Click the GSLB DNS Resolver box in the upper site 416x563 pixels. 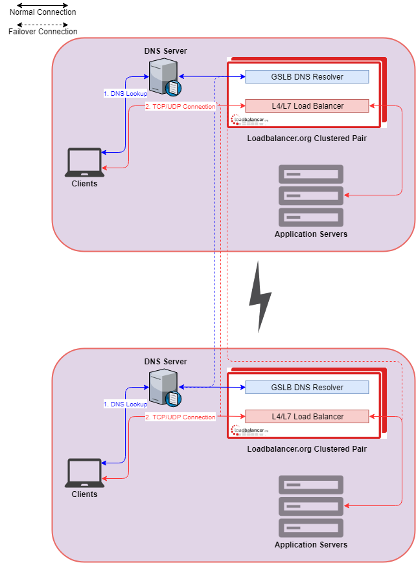point(306,77)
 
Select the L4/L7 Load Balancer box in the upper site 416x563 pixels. point(306,105)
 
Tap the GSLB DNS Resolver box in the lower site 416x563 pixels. point(306,388)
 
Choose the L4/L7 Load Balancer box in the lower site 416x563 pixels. point(306,416)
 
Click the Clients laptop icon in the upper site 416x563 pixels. point(84,162)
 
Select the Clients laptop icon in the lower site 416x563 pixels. point(84,473)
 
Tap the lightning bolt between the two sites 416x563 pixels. point(260,297)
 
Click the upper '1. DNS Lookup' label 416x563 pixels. point(126,93)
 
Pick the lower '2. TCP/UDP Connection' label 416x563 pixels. point(180,417)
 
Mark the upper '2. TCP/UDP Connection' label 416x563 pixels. point(180,107)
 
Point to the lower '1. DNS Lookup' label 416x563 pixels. point(126,404)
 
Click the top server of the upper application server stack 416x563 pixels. point(311,174)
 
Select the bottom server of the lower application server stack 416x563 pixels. point(311,527)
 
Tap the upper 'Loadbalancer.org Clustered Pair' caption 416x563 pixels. point(306,138)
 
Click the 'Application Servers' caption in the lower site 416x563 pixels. point(311,545)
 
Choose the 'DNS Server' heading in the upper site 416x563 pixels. point(165,51)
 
